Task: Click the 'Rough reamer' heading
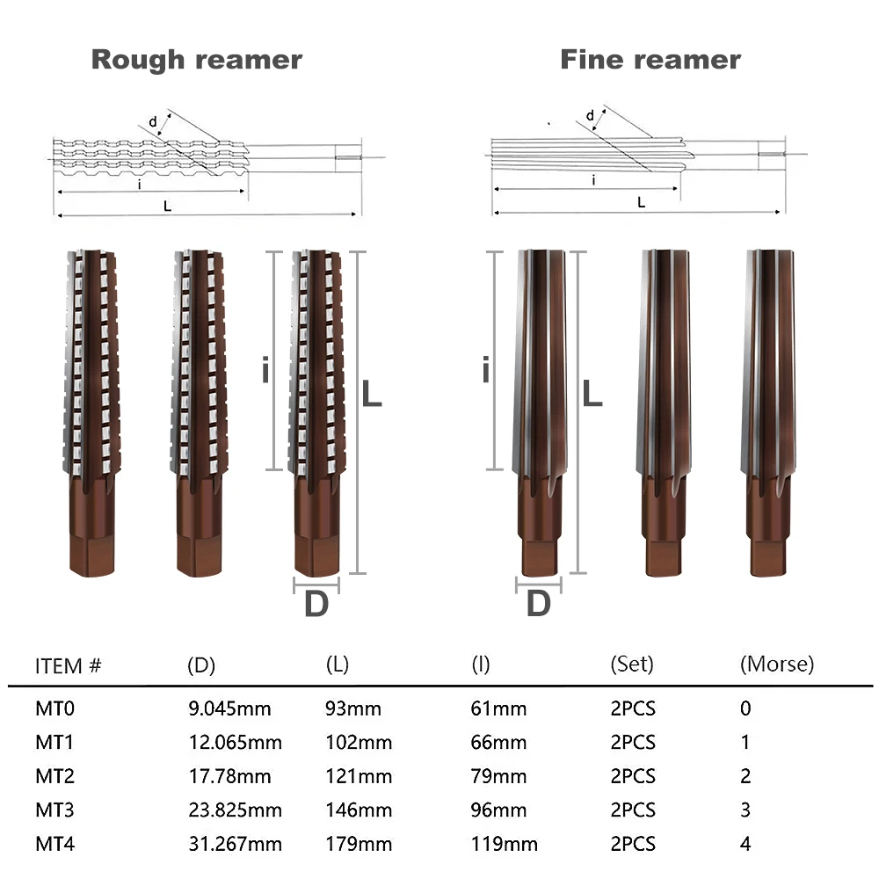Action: (x=197, y=60)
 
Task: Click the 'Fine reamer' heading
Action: (x=650, y=60)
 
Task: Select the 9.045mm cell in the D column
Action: (x=229, y=708)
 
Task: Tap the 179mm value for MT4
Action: (x=359, y=844)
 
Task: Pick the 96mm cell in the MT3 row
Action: (x=498, y=810)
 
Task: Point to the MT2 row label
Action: (x=54, y=776)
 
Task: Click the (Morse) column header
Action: (x=777, y=665)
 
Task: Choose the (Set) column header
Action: (x=632, y=665)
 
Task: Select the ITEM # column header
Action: (x=68, y=666)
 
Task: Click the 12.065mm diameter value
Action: (x=235, y=742)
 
